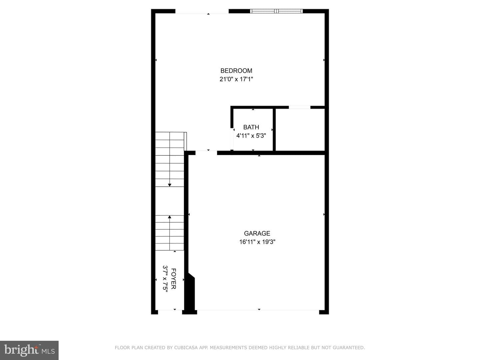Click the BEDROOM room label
point(236,71)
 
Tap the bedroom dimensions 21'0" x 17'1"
point(236,79)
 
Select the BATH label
point(251,127)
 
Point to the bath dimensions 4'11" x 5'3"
point(251,136)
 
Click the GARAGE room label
point(257,233)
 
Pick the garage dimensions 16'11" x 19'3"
point(257,242)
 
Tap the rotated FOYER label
point(173,279)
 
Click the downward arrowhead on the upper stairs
point(169,185)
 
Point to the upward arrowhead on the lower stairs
point(169,217)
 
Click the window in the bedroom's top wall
point(276,11)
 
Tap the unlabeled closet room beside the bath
point(300,130)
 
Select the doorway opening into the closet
point(300,107)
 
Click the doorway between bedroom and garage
point(206,153)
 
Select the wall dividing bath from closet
point(274,130)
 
